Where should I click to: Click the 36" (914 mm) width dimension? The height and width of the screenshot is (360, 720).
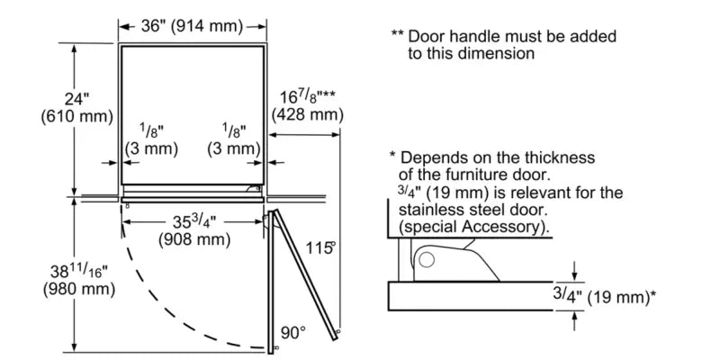point(193,26)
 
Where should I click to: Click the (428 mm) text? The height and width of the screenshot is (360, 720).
point(308,114)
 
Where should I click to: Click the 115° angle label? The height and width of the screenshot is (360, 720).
point(319,247)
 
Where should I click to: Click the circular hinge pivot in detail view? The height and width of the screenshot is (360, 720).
point(427,260)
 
